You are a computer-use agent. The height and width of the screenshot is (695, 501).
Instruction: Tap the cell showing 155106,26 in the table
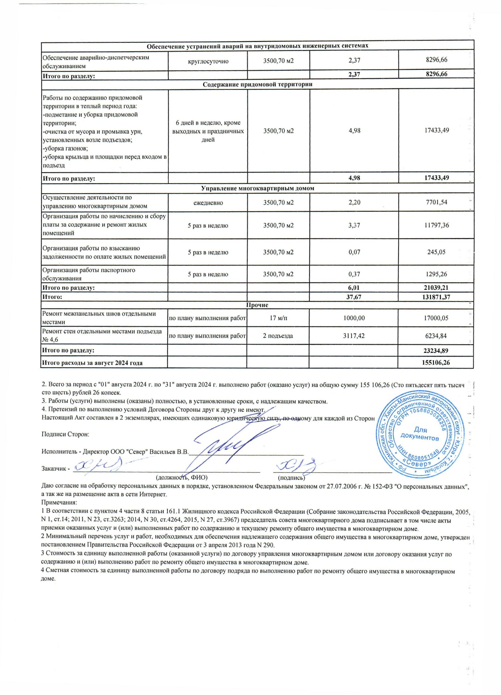tap(436, 363)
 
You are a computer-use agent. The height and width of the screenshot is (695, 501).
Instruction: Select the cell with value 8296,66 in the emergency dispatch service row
tap(437, 60)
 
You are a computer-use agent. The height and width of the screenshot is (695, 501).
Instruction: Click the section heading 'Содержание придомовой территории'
tap(257, 84)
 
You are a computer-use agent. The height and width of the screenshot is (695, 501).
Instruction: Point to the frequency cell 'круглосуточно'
tap(208, 61)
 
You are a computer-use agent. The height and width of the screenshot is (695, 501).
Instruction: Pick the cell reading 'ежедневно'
tap(208, 203)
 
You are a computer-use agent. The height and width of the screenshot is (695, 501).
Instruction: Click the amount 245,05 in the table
tap(436, 252)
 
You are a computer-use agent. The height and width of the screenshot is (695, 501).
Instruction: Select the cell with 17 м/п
tap(278, 318)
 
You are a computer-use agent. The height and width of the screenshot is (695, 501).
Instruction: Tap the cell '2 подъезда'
tap(278, 336)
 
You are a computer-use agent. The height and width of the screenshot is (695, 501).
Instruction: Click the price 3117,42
tap(354, 336)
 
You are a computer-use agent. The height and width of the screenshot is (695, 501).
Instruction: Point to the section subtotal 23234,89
tap(436, 351)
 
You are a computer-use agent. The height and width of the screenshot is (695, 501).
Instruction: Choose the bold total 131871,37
tap(436, 297)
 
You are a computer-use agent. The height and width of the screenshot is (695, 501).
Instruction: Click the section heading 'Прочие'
tap(257, 305)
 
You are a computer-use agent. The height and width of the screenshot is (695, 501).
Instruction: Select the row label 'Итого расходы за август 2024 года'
tap(92, 363)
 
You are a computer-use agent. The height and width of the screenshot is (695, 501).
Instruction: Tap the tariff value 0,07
tap(354, 252)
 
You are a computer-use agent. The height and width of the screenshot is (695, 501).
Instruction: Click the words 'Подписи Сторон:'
tap(65, 434)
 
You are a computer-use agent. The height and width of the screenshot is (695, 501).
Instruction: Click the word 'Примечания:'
tap(59, 502)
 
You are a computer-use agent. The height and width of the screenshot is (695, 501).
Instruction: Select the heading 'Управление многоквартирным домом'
tap(257, 188)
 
